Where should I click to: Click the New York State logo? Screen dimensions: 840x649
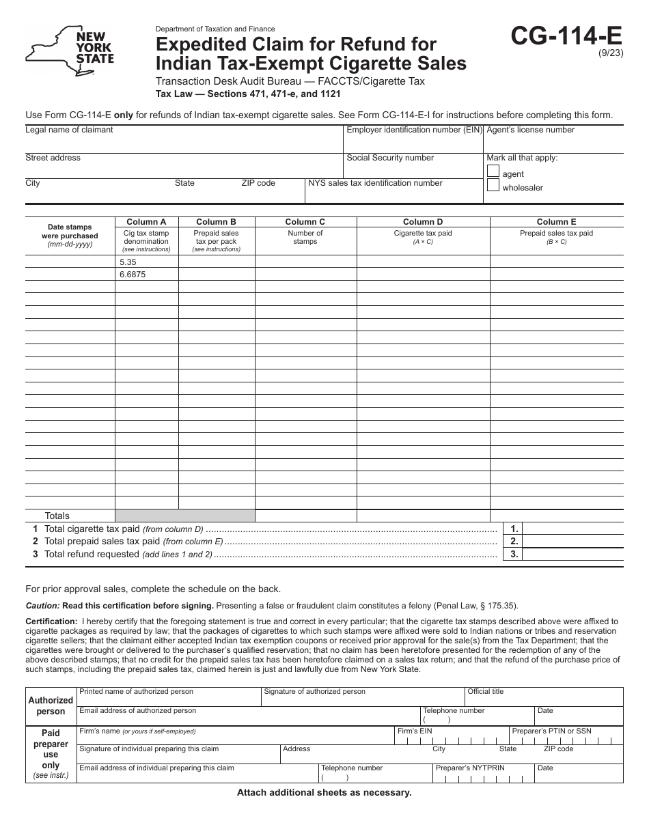coord(70,51)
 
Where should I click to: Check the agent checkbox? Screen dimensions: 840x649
coord(493,171)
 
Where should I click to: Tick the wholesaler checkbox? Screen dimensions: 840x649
coord(493,185)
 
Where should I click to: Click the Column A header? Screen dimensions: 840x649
coord(146,222)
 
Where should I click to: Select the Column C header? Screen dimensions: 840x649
coord(305,222)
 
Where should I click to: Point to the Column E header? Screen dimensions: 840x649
coord(556,222)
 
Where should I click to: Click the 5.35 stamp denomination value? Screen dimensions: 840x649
coord(128,262)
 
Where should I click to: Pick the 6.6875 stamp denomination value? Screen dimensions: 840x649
coord(133,275)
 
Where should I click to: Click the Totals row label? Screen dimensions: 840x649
coord(57,516)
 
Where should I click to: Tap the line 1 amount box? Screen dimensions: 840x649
coord(572,529)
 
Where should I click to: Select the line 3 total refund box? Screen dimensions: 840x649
coord(572,555)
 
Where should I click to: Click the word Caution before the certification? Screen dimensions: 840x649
coord(42,606)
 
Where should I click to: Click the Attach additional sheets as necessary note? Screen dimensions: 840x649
coord(324,793)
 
